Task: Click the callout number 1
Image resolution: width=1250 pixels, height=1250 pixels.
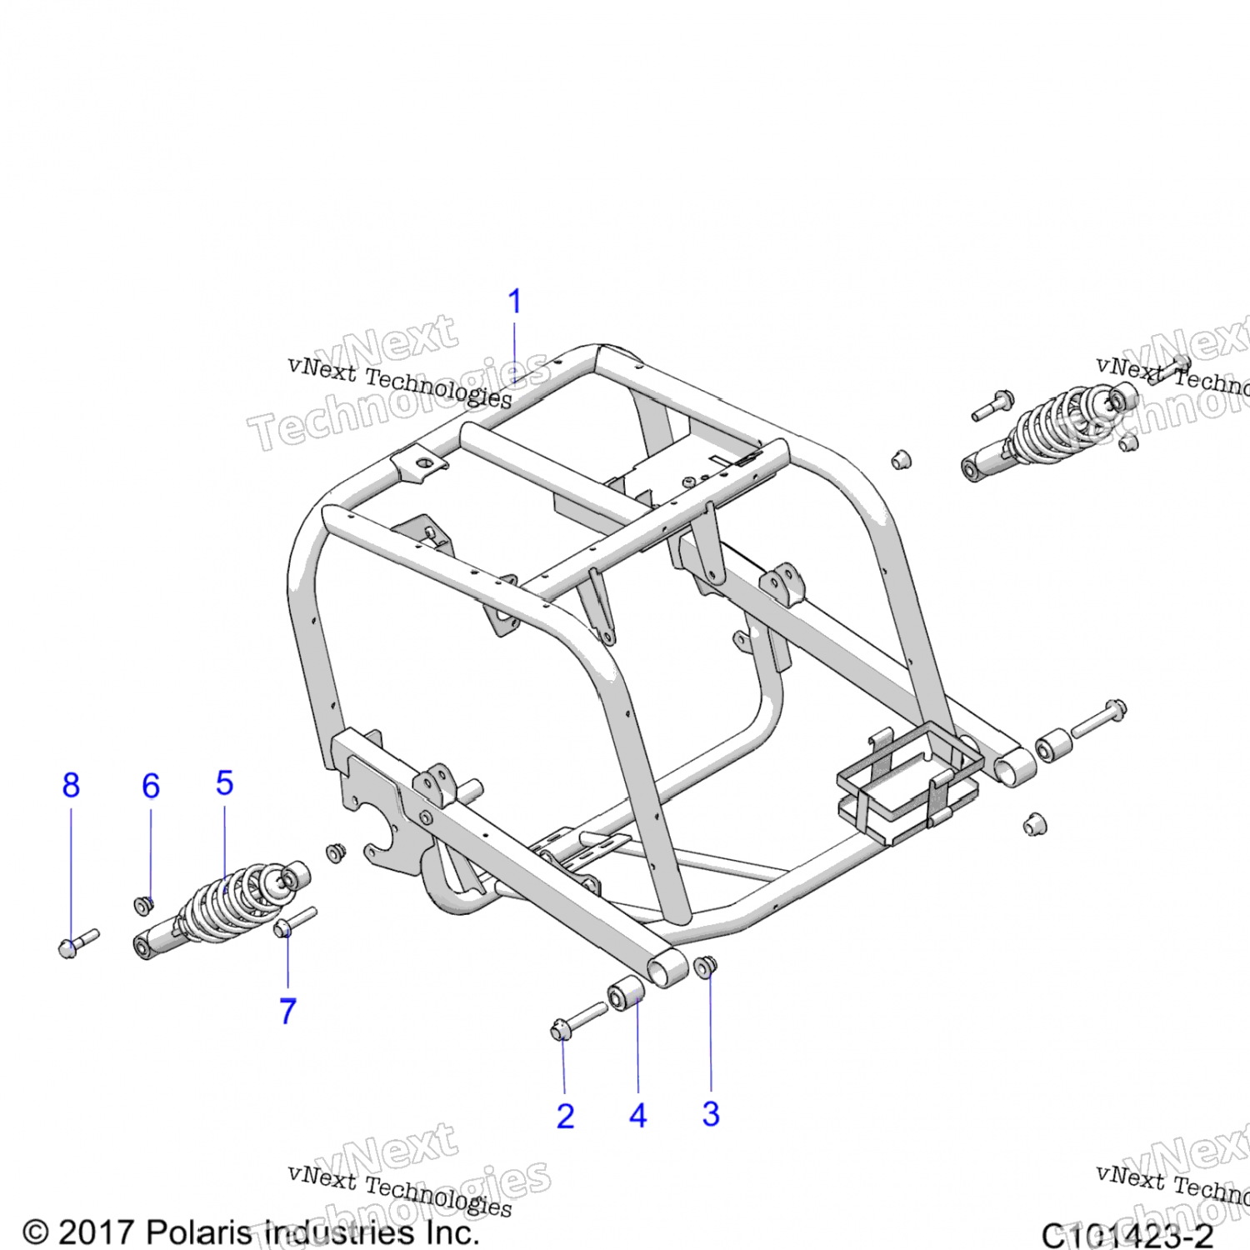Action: pyautogui.click(x=515, y=302)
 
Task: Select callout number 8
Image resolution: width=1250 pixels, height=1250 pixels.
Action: pyautogui.click(x=71, y=785)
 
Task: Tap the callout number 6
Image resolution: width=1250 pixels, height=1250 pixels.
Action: pyautogui.click(x=151, y=786)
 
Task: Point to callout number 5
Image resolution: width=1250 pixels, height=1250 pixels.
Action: pyautogui.click(x=224, y=783)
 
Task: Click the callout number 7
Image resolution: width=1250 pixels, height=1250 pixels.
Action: pyautogui.click(x=287, y=1011)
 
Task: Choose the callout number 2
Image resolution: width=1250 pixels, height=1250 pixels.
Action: pyautogui.click(x=565, y=1116)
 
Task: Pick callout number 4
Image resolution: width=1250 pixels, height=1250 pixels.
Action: pyautogui.click(x=638, y=1115)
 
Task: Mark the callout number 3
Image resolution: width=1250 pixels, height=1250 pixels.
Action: pyautogui.click(x=711, y=1114)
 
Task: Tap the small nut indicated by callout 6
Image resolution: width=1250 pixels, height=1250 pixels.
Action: pyautogui.click(x=144, y=905)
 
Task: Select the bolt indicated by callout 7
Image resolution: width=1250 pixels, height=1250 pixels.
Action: pyautogui.click(x=294, y=921)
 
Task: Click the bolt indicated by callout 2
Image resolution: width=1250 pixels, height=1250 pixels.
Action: pyautogui.click(x=578, y=1020)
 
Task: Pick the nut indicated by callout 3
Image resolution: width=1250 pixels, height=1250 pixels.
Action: pyautogui.click(x=705, y=967)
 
